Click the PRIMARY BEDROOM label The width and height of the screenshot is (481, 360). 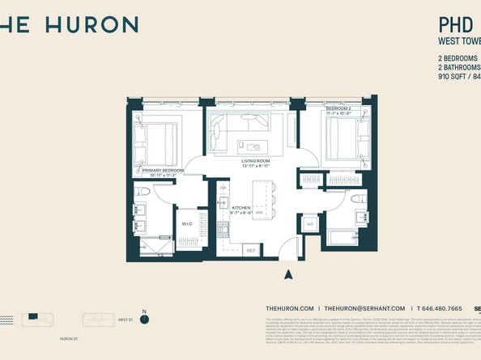pos(162,171)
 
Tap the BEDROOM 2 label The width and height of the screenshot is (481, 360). pos(338,108)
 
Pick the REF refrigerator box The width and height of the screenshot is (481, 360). pos(250,251)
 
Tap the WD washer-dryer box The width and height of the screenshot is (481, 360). pos(309,224)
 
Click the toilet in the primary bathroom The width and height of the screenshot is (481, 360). pos(143,193)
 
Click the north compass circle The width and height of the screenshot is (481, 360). pos(144,319)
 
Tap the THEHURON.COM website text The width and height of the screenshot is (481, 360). pos(289,309)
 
